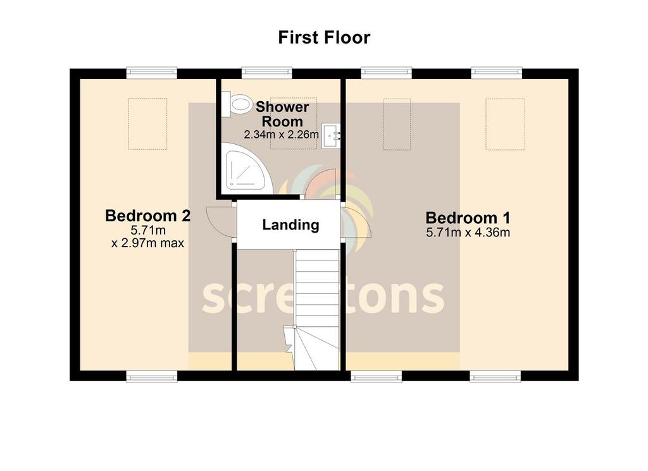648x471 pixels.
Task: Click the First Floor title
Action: (x=324, y=37)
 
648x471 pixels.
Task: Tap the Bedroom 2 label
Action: (x=147, y=216)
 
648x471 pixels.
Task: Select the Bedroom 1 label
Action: (x=468, y=217)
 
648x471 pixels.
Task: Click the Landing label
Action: (x=290, y=225)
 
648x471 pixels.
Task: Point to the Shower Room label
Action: (x=282, y=114)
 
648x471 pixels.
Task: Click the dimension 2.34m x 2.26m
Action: (x=281, y=135)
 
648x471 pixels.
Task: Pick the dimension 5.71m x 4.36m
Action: (x=468, y=233)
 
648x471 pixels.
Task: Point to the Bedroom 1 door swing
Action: (x=358, y=223)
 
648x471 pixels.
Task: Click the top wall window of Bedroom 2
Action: (x=152, y=73)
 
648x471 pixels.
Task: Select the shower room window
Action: (x=266, y=73)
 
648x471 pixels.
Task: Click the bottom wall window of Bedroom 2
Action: (x=152, y=376)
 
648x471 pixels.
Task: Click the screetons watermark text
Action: (x=323, y=297)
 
